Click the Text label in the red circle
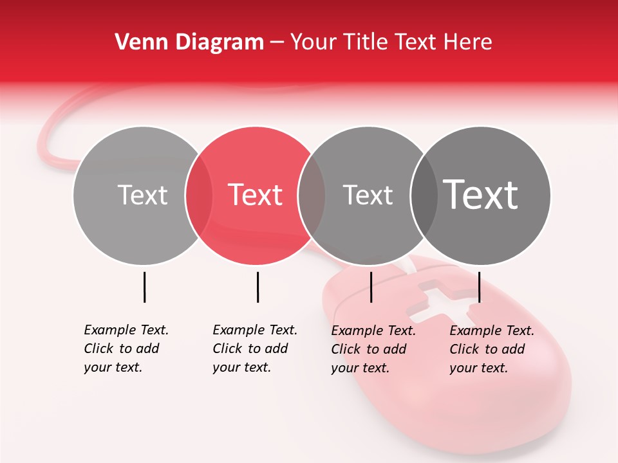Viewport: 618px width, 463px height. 256,195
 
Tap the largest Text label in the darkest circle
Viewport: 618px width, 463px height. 481,195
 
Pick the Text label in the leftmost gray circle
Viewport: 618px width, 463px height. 142,195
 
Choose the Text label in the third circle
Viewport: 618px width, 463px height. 368,195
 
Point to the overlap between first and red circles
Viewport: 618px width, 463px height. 199,195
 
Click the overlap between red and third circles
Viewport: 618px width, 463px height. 312,195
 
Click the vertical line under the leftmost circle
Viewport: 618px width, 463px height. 145,287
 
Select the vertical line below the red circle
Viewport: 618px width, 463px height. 257,287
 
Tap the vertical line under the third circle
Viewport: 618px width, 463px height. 371,287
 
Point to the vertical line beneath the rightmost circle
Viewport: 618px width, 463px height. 480,287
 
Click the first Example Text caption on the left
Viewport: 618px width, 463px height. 126,349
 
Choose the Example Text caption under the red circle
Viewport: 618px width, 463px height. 255,349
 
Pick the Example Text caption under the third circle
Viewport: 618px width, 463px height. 373,349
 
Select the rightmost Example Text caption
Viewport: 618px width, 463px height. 492,349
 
